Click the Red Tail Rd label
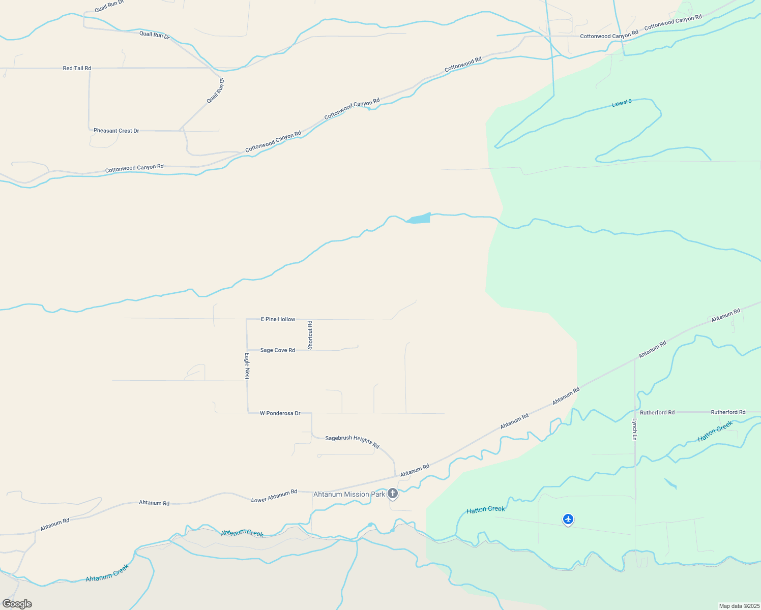[77, 68]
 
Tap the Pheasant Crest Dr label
[116, 131]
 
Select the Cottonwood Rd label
[463, 64]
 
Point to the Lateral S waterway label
[621, 103]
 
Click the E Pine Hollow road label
[278, 319]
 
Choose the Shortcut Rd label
[310, 334]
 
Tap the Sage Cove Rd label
[277, 350]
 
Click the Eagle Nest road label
[247, 366]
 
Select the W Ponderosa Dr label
[280, 413]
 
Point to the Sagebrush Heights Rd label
[352, 441]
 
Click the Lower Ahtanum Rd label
[274, 496]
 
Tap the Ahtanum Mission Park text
[349, 494]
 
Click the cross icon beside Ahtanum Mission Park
[393, 493]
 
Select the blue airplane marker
[568, 519]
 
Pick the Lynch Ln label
[634, 429]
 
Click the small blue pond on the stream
[419, 219]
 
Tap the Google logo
[17, 604]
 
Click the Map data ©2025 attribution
[738, 606]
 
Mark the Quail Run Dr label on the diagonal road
[216, 91]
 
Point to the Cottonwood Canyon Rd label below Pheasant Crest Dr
[134, 168]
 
